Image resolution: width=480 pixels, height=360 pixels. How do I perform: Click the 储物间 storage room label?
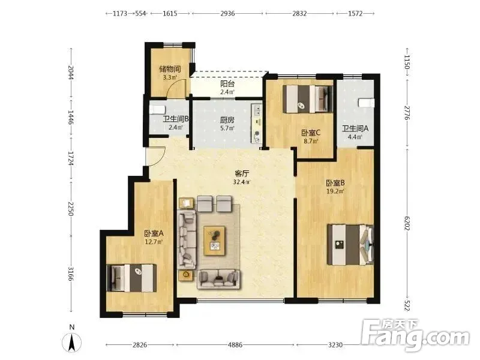(x=170, y=69)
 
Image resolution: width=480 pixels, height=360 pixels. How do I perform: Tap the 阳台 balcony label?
(x=227, y=83)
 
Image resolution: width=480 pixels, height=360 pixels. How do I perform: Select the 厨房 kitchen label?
(x=227, y=120)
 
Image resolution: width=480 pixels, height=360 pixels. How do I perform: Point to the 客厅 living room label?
(x=242, y=173)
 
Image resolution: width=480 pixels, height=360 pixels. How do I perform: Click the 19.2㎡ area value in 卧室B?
(x=335, y=191)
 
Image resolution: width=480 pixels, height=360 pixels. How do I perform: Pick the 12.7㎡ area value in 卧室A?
(x=154, y=242)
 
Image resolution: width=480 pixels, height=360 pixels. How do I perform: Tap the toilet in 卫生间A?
(x=367, y=103)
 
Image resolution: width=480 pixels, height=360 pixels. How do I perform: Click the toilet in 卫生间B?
(x=157, y=110)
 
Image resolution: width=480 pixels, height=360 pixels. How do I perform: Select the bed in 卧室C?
(x=307, y=99)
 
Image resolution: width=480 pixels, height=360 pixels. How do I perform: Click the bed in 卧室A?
(x=131, y=278)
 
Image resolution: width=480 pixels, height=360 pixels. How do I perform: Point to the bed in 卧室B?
(x=350, y=245)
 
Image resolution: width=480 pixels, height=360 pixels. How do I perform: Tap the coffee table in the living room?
(x=215, y=241)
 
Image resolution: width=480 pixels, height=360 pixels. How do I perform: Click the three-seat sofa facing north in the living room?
(x=218, y=279)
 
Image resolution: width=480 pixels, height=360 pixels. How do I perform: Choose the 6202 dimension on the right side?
(x=407, y=223)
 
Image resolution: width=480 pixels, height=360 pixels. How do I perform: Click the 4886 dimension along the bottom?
(x=235, y=344)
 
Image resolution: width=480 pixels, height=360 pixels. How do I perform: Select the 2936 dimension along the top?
(x=227, y=13)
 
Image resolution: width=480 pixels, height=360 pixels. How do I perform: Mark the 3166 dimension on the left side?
(x=70, y=274)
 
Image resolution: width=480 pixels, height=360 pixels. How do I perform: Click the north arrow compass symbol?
(x=71, y=340)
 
